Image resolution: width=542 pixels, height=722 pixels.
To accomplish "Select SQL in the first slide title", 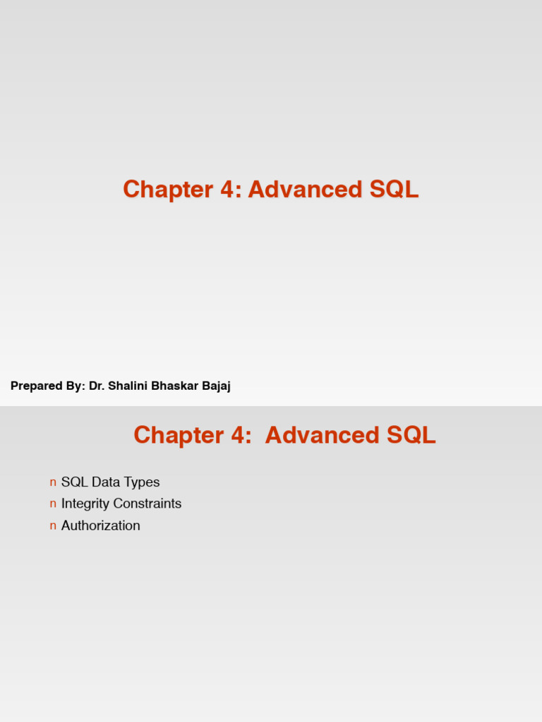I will click(x=394, y=190).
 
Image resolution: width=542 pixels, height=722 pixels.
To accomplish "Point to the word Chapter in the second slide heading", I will click(x=178, y=435).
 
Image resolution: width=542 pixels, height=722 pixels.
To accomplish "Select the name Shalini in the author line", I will click(x=127, y=386).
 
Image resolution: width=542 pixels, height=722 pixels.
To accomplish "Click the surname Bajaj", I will click(x=215, y=386).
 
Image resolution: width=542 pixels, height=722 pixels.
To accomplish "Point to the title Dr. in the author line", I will click(x=96, y=386).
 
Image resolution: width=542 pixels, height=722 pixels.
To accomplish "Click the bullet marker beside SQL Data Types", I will click(x=53, y=482).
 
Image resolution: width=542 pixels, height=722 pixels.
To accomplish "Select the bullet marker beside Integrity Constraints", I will click(x=53, y=504).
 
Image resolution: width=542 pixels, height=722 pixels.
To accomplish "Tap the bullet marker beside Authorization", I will click(x=53, y=526).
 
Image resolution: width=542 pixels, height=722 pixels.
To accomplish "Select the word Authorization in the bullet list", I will click(x=101, y=526).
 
